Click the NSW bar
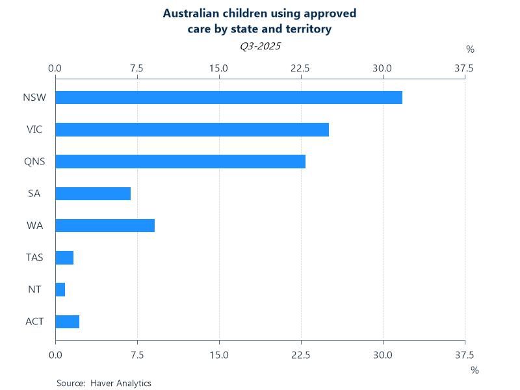tap(229, 97)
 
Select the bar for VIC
tap(192, 129)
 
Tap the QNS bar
tap(180, 161)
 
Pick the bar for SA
tap(93, 194)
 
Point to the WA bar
tap(105, 226)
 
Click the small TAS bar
tap(64, 257)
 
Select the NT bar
tap(60, 289)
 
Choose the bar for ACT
tap(68, 321)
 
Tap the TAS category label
tap(34, 257)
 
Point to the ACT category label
tap(34, 321)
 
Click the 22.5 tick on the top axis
tap(301, 68)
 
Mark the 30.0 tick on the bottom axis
tap(383, 355)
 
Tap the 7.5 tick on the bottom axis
tap(137, 355)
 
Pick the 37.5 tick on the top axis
tap(464, 68)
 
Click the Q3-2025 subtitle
tap(260, 46)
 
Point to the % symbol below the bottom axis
tap(474, 370)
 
